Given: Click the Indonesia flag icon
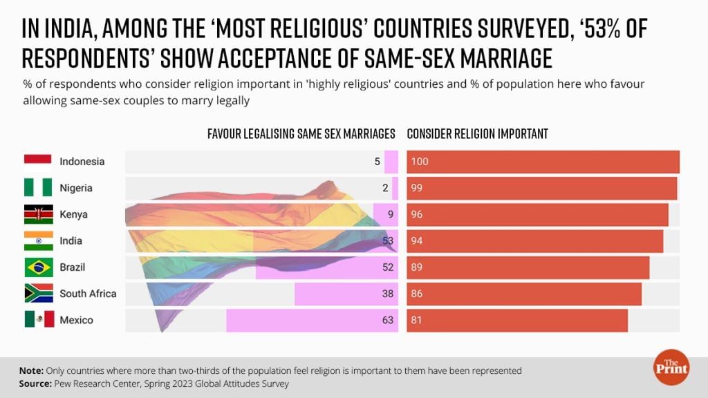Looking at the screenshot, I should [39, 162].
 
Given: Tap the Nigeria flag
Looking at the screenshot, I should [39, 188].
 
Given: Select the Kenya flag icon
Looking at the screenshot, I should [39, 214].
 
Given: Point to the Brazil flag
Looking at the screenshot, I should [39, 267].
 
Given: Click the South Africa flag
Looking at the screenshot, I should [39, 294].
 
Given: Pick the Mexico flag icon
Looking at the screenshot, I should [39, 320].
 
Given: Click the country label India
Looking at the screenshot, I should [71, 241].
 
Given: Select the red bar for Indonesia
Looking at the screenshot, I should [543, 162].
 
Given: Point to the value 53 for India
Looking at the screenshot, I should [387, 241].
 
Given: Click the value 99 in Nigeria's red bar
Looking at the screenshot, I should [416, 188].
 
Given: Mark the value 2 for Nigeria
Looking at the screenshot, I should [385, 188].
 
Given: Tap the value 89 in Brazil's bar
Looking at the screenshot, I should [416, 267].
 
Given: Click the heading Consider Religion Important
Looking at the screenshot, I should [477, 134].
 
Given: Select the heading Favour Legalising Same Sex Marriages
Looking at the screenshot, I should [301, 134].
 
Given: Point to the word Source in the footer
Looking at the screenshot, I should [35, 383].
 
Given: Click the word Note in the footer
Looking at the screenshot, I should [31, 370].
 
